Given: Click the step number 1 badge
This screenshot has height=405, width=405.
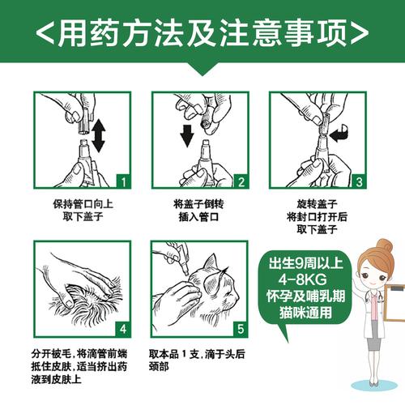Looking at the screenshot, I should point(121,180).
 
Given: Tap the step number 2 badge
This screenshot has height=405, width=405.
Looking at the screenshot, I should point(241,180).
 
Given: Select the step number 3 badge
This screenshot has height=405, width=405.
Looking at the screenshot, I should point(360,180).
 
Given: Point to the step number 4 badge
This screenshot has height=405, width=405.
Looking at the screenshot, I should point(121,330).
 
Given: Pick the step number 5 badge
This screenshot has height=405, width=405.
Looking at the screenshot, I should point(241,330).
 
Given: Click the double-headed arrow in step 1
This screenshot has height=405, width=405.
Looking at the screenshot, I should point(99,136).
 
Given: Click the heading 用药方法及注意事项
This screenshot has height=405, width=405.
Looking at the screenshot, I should point(202,32).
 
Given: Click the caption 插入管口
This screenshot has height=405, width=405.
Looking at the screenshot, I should point(194,218).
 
